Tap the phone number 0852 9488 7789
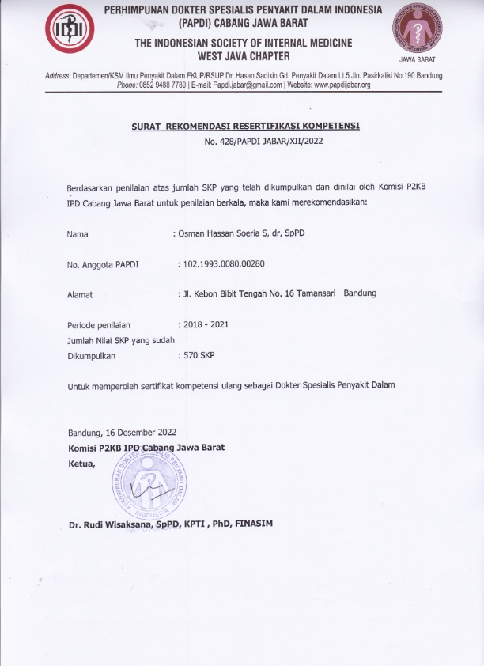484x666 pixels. (163, 85)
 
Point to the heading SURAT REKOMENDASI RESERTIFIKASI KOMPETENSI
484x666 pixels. (246, 127)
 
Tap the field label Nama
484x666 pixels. (78, 234)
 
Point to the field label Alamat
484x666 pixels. (81, 294)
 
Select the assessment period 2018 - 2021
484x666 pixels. (206, 324)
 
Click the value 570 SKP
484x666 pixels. (198, 355)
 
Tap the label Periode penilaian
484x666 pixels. (99, 324)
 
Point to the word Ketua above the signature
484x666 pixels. (81, 464)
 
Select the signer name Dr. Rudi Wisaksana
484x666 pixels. (112, 524)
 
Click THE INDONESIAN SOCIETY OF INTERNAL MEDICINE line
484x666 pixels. (244, 42)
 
